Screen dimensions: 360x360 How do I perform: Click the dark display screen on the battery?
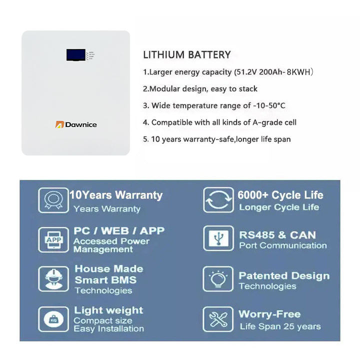(x=76, y=55)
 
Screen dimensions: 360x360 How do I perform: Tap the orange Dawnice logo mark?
(x=59, y=124)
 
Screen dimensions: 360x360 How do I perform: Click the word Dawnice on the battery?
(x=81, y=124)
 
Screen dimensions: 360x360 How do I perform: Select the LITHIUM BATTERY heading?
(x=186, y=55)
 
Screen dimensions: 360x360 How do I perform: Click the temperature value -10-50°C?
(x=269, y=105)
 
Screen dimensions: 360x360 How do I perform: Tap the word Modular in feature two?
(x=164, y=89)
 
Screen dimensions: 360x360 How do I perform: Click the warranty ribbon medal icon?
(x=53, y=200)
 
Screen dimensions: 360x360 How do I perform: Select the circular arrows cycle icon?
(x=218, y=199)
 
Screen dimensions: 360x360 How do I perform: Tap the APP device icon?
(x=53, y=239)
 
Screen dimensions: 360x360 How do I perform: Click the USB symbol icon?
(x=218, y=238)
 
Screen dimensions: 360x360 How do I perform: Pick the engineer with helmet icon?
(x=53, y=279)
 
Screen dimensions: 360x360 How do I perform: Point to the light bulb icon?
(x=218, y=279)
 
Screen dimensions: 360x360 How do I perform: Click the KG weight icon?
(x=53, y=319)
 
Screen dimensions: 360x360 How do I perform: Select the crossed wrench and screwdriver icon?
(x=218, y=319)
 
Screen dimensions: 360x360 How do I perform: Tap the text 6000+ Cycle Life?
(x=280, y=195)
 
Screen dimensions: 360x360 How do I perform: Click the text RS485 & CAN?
(x=277, y=235)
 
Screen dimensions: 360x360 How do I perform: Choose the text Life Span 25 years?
(x=280, y=326)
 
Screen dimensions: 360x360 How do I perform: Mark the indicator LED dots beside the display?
(x=90, y=55)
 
